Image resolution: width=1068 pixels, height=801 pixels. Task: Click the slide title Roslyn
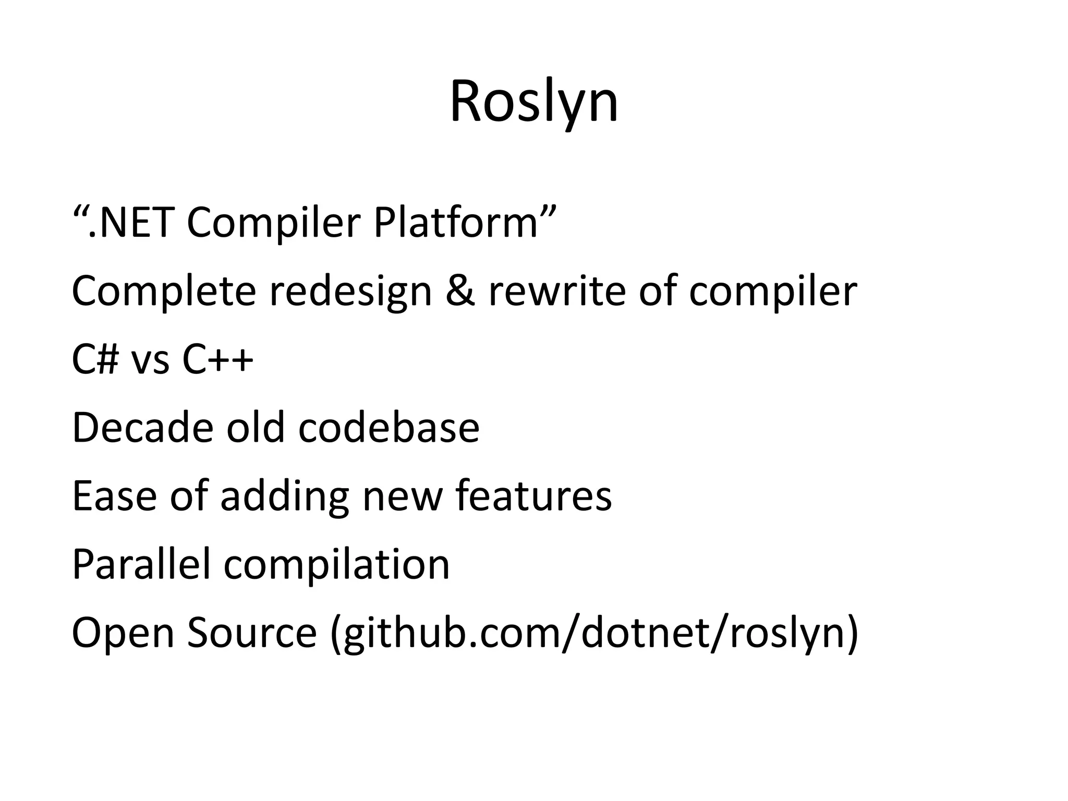point(533,102)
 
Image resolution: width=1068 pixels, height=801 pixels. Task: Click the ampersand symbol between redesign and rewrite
point(460,291)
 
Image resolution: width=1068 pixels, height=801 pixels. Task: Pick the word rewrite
point(556,291)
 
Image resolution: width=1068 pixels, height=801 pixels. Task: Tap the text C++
point(217,360)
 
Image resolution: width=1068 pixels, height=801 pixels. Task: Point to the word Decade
point(142,428)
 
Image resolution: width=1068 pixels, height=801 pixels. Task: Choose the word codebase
point(389,428)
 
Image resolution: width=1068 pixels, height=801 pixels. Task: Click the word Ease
point(114,496)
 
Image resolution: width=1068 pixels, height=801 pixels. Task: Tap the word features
point(533,496)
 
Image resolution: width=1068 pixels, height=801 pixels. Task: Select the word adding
point(284,497)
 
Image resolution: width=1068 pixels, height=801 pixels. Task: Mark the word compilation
point(336,565)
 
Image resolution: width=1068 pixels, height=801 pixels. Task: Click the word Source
point(252,633)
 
